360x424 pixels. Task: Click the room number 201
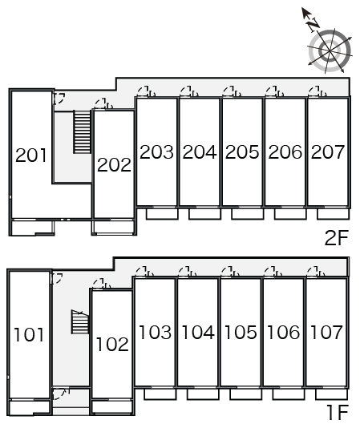point(31,155)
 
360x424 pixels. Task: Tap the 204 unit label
point(200,151)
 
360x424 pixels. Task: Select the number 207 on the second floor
point(328,151)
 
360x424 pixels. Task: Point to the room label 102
point(112,344)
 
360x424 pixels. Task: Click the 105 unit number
point(241,332)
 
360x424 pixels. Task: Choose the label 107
point(326,332)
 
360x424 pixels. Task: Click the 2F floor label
point(336,238)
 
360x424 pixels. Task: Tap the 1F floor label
point(338,413)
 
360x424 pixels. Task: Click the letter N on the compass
point(313,25)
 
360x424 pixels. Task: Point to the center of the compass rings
point(330,50)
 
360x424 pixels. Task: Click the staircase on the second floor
point(82,132)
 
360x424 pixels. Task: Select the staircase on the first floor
point(80,321)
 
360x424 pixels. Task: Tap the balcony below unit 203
point(162,214)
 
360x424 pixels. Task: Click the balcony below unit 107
point(331,394)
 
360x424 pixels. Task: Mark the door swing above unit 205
point(232,91)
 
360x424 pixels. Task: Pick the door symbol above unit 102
point(102,284)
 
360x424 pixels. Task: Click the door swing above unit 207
point(318,91)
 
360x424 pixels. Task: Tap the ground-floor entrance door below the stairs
point(61,394)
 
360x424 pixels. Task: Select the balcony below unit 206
point(290,214)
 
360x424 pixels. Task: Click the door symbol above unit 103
point(144,272)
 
